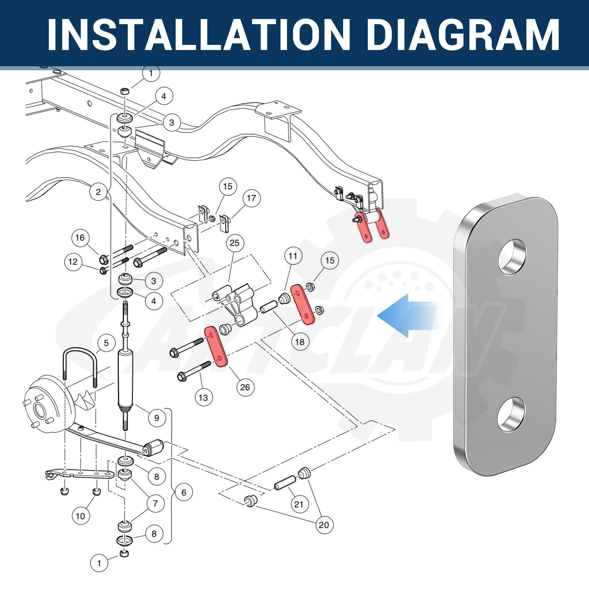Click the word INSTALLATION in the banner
tap(199, 34)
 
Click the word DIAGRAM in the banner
tap(463, 34)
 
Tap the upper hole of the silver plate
tap(512, 257)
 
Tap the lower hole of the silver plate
tap(511, 414)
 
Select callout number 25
tap(234, 243)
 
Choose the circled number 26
tap(245, 387)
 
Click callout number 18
tap(300, 342)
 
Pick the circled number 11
tap(293, 256)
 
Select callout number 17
tap(251, 198)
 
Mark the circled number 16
tap(80, 238)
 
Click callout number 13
tap(203, 398)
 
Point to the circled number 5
tap(106, 343)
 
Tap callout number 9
tap(156, 418)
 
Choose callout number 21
tap(299, 504)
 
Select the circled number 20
tap(324, 525)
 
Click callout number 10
tap(80, 516)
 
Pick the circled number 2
tap(98, 192)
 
